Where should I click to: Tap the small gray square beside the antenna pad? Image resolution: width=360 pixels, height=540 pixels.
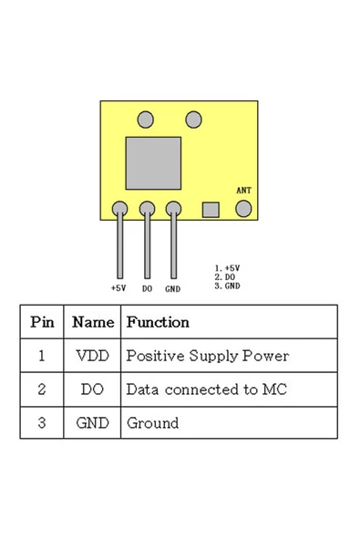point(211,210)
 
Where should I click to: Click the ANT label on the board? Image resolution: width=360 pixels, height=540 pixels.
point(243,191)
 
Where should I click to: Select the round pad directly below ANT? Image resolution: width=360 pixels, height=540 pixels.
point(243,209)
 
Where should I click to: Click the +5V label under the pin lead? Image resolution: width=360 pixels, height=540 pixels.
point(118,287)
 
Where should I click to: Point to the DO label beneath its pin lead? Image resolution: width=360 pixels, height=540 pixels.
point(147,288)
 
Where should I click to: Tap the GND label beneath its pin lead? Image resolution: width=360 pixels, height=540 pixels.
point(173,288)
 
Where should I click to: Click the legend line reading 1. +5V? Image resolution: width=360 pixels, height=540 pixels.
point(227,268)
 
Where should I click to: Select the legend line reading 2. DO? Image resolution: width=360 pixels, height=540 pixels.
point(225,276)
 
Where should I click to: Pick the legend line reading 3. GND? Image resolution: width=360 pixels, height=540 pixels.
point(227,285)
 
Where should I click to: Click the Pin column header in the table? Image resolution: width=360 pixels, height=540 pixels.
point(42,322)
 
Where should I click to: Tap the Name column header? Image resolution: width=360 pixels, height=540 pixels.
point(92,322)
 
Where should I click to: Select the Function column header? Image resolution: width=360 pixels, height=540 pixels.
point(158,322)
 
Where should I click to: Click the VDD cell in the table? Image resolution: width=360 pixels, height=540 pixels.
point(92,356)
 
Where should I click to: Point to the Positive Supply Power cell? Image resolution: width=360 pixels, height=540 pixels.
point(207,356)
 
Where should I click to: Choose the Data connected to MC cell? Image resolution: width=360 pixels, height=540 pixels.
point(206,389)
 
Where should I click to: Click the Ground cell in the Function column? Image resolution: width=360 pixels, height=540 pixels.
point(152,423)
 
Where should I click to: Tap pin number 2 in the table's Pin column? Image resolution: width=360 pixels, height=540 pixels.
point(42,389)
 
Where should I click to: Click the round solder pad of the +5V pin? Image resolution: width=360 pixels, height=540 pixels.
point(119,209)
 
